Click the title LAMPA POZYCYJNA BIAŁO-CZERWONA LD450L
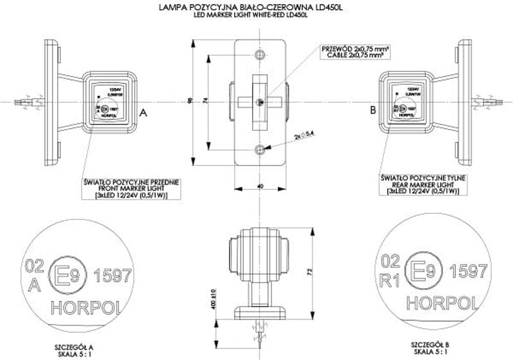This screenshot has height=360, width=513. pyautogui.click(x=257, y=7)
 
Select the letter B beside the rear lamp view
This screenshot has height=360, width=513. pyautogui.click(x=373, y=111)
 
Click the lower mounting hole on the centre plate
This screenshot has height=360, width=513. pyautogui.click(x=258, y=150)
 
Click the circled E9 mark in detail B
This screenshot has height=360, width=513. pyautogui.click(x=424, y=271)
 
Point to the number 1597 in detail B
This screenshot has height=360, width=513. pyautogui.click(x=468, y=271)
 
